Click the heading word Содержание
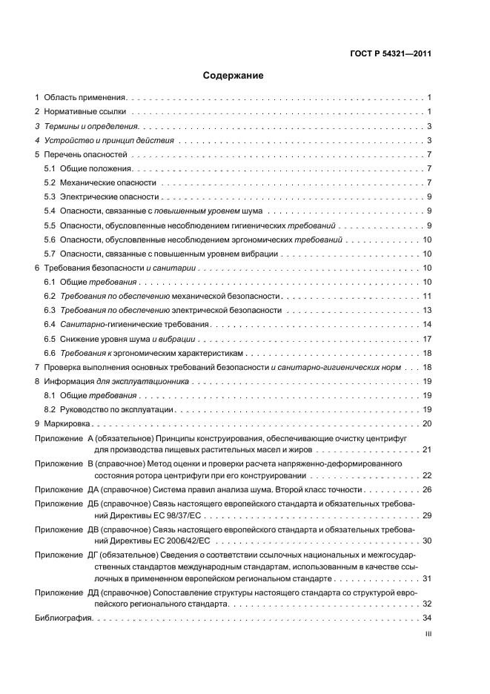pyautogui.click(x=234, y=76)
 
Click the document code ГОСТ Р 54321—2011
pyautogui.click(x=391, y=53)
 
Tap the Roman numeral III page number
pyautogui.click(x=427, y=635)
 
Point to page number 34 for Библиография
pyautogui.click(x=427, y=618)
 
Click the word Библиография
pyautogui.click(x=63, y=618)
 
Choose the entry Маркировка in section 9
pyautogui.click(x=67, y=423)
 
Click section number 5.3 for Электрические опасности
pyautogui.click(x=50, y=196)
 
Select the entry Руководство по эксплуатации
pyautogui.click(x=116, y=409)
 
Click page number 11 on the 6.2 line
pyautogui.click(x=427, y=296)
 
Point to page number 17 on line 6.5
pyautogui.click(x=427, y=338)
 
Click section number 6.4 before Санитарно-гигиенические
pyautogui.click(x=50, y=324)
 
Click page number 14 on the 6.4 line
pyautogui.click(x=427, y=324)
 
